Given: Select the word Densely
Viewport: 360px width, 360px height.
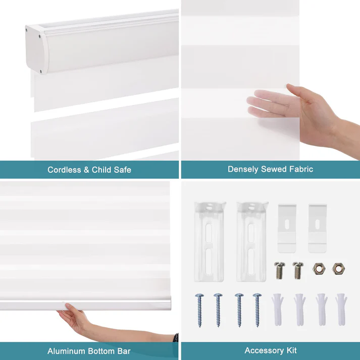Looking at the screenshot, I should click(x=243, y=169).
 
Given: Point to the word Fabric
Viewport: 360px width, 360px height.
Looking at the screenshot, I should click(x=300, y=169).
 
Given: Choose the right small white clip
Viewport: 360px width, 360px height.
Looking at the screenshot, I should click(x=318, y=228).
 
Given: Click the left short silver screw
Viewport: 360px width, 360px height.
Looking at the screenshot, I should click(x=278, y=271).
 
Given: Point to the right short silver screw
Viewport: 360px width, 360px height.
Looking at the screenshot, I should click(x=298, y=271).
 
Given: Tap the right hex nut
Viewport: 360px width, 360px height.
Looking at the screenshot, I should click(x=338, y=269).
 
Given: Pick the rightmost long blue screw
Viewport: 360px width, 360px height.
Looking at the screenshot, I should click(x=258, y=309).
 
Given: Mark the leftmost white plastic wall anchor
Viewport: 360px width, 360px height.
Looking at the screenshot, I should click(x=278, y=309).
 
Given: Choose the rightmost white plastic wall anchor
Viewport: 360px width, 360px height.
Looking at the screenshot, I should click(x=340, y=309).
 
